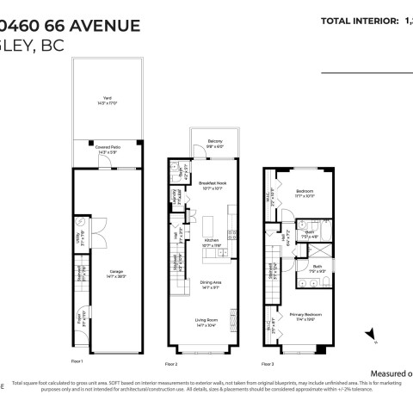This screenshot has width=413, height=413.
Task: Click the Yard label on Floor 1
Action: [x=108, y=101]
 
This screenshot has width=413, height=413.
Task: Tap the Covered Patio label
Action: [x=108, y=150]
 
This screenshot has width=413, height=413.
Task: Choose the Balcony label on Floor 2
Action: [x=214, y=143]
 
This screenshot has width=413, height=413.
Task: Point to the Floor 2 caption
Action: [x=171, y=364]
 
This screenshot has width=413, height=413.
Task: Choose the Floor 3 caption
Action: [x=268, y=364]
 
